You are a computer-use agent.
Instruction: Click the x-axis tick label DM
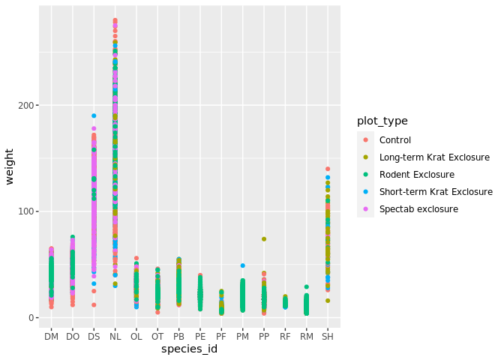point(51,337)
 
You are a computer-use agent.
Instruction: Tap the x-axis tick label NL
point(115,337)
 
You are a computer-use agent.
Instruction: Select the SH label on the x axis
point(328,337)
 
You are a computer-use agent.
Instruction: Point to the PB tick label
point(178,337)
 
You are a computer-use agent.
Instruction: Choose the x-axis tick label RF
point(285,337)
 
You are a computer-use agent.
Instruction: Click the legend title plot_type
point(382,121)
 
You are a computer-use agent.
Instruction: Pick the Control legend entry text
point(395,140)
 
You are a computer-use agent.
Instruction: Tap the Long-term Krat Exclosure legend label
point(434,157)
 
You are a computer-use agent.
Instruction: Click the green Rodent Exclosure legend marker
point(365,175)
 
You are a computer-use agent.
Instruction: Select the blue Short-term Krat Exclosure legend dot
point(365,192)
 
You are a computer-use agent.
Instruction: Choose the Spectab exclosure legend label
point(418,209)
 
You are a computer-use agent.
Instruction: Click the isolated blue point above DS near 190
point(94,115)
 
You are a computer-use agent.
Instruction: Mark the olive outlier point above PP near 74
point(264,239)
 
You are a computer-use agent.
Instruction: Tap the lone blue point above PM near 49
point(243,265)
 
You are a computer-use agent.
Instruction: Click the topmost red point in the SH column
point(328,169)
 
